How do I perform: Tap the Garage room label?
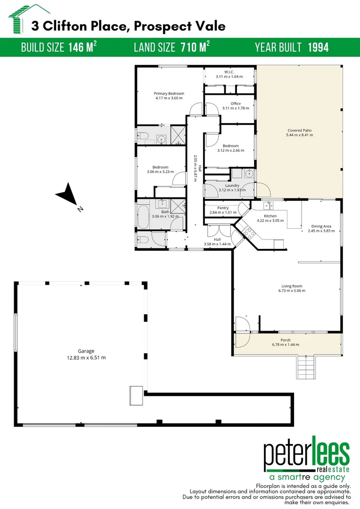coord(86,354)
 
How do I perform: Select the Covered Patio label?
coord(299,132)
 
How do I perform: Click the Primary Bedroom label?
coord(169,96)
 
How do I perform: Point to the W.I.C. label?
coord(229,74)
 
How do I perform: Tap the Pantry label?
coord(223,210)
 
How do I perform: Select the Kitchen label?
coord(270,218)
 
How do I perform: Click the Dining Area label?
coord(321,229)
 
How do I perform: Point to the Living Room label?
coord(292,288)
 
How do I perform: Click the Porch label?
coord(286,342)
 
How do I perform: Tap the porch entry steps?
coord(305,366)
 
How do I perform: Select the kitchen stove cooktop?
coord(249,233)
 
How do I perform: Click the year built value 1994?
coord(318,47)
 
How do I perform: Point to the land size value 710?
coord(188,47)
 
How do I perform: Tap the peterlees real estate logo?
coord(306,460)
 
